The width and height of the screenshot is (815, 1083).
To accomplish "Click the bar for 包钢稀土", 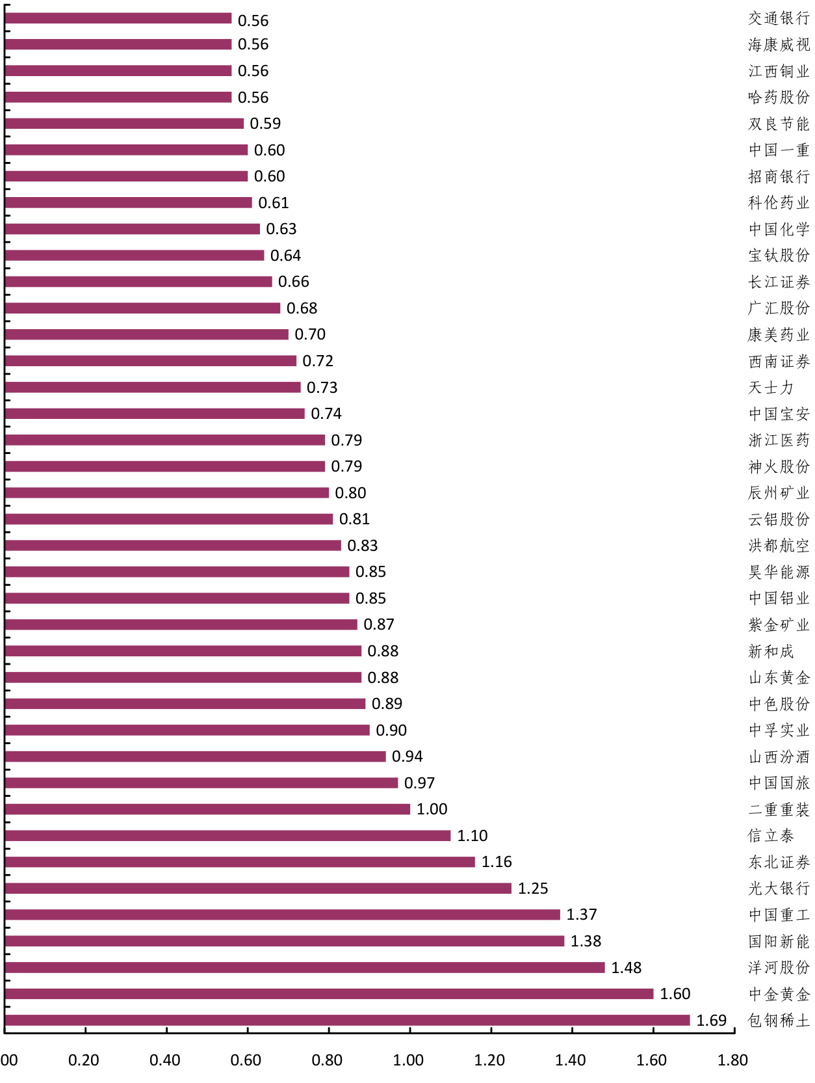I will pos(347,1020).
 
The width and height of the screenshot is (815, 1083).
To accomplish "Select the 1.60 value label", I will pos(675,994).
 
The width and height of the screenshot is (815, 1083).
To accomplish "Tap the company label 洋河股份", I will pos(779,968).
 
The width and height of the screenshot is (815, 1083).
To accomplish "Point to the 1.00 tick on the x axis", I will pos(408,1060).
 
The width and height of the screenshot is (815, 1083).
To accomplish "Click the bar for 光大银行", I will pos(258,888).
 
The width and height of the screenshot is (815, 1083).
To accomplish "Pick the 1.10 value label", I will pos(472,836).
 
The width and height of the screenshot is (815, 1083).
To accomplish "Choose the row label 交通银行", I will pos(779,18).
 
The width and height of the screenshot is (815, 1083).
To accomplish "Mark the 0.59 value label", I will pos(265,124).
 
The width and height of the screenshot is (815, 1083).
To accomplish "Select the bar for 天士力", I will pos(153,388).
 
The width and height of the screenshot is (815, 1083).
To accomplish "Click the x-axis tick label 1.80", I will pos(732,1060).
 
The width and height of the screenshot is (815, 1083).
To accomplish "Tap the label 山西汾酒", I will pos(779,757).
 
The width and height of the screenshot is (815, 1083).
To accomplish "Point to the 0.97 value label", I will pos(419,783).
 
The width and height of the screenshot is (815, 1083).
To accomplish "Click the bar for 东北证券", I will pos(240,862).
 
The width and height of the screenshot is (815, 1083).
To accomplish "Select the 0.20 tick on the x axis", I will pos(84,1060).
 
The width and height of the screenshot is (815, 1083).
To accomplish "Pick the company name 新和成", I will pos(771,651).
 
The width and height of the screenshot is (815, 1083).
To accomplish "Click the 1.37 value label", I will pos(581,915).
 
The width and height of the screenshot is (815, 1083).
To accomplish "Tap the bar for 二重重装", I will pos(207,809).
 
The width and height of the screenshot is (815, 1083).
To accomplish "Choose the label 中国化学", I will pos(779,229).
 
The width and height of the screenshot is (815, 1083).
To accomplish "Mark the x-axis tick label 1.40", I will pos(570,1060).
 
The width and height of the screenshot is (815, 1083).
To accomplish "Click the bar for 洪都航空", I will pos(173,545).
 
